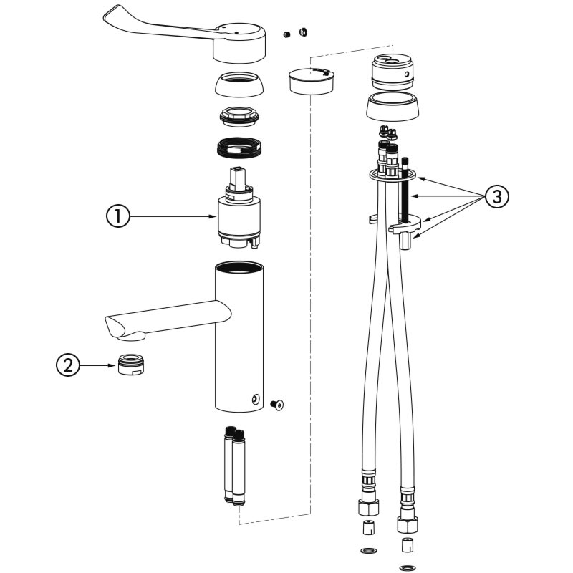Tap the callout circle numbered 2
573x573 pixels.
(x=68, y=365)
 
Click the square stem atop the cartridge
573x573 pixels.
(x=237, y=178)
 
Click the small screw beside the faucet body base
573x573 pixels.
(x=278, y=405)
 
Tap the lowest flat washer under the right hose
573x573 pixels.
(x=408, y=568)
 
